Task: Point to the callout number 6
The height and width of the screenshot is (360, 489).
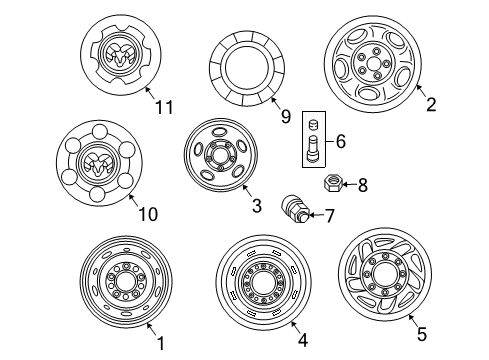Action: (x=341, y=143)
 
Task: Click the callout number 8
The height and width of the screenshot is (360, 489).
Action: (x=363, y=185)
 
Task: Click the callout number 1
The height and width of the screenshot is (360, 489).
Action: (x=158, y=344)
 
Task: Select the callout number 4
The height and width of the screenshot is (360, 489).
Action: (x=304, y=344)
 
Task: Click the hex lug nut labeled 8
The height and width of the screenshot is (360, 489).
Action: (x=334, y=184)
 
